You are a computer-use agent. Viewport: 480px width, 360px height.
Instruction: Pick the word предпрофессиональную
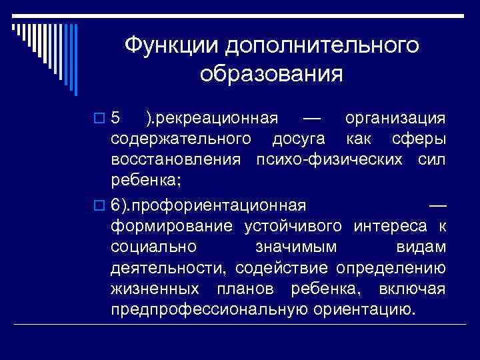click(209, 311)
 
